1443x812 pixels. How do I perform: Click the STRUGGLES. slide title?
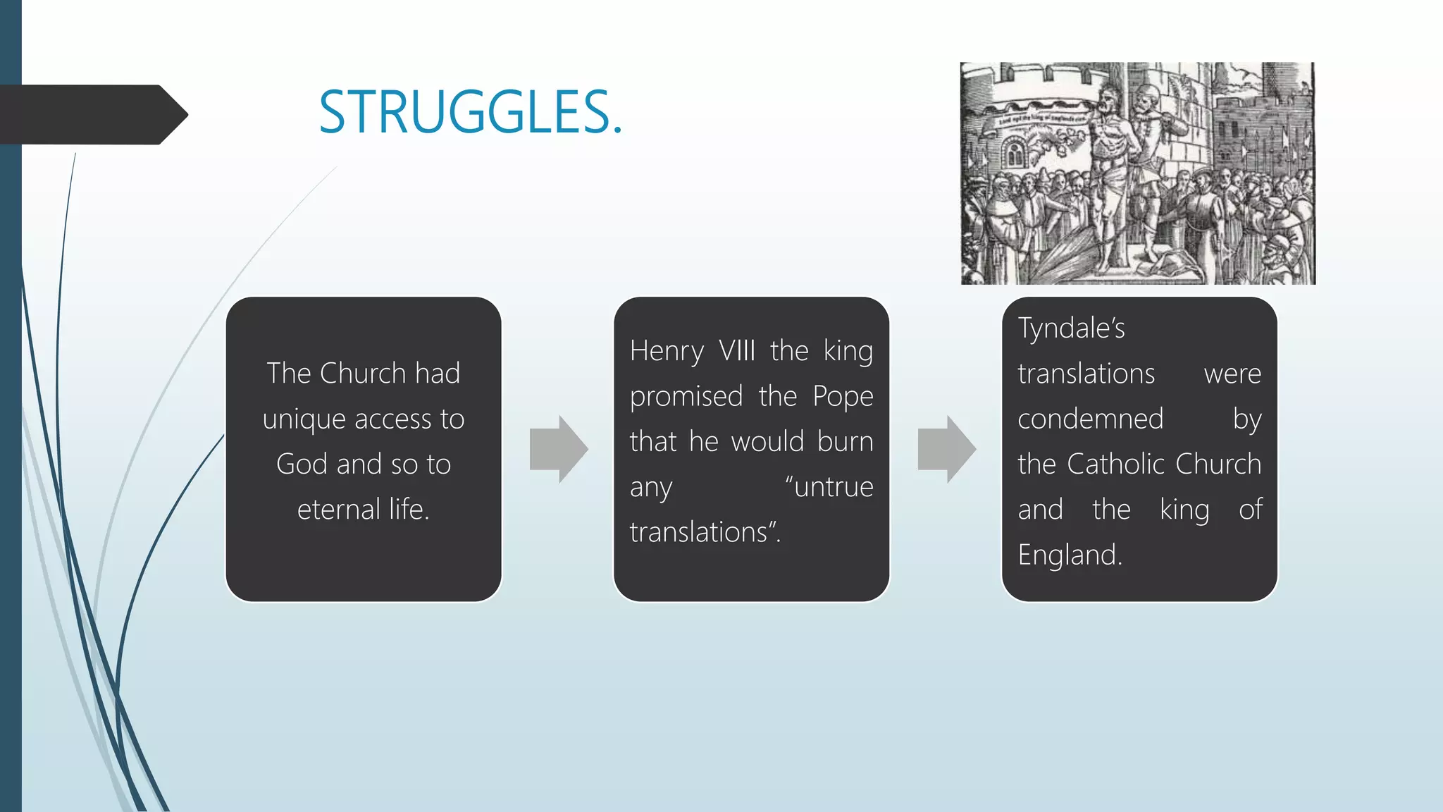coord(470,113)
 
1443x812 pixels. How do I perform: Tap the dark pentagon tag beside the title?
coord(92,115)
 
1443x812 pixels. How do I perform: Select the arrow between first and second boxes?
coord(558,449)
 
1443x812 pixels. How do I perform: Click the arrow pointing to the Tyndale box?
coord(946,449)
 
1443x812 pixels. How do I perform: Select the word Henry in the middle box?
coord(667,351)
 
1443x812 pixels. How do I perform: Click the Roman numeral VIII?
coord(736,351)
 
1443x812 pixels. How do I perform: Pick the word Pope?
coord(843,397)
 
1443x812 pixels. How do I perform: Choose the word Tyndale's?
coord(1071,328)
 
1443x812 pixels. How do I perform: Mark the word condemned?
coord(1090,419)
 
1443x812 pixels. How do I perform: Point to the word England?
coord(1069,555)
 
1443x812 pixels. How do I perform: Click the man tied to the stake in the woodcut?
coord(1111,169)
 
